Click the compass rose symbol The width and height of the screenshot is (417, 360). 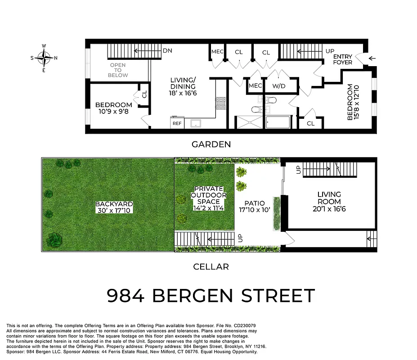44,58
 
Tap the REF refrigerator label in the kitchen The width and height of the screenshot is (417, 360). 177,123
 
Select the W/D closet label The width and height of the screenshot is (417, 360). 279,85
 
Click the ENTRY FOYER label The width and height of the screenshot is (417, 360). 343,59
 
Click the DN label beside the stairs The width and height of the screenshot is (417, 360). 168,51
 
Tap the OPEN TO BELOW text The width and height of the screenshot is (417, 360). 118,70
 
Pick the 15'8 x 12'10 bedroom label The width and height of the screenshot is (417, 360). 354,102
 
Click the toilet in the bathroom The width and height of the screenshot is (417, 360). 255,109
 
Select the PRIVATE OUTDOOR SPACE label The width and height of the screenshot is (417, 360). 208,198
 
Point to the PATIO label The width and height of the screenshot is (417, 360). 256,207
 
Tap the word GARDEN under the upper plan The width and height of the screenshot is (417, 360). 211,144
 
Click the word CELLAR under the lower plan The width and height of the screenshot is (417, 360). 211,267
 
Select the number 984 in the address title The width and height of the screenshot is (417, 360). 126,297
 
